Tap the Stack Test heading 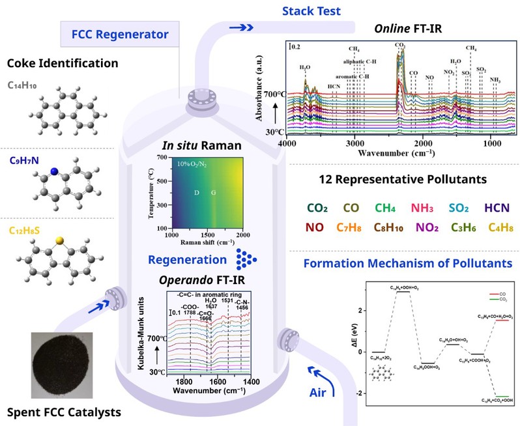tap(285, 10)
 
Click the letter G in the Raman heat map tap(213, 193)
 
